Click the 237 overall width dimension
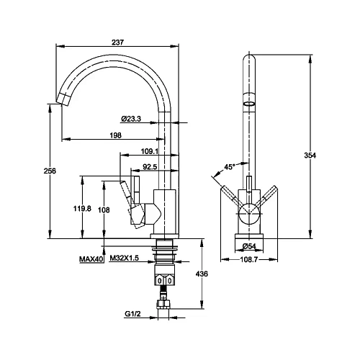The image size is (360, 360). click(x=117, y=42)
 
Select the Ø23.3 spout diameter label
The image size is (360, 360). click(x=131, y=119)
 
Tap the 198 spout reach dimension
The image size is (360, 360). click(x=116, y=135)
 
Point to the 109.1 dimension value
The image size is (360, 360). click(x=149, y=151)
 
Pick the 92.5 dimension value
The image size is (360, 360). click(x=150, y=166)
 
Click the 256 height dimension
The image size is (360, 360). click(x=50, y=171)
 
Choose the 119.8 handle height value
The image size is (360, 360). click(x=82, y=209)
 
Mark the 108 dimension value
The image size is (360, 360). click(x=104, y=210)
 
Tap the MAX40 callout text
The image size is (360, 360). click(x=91, y=259)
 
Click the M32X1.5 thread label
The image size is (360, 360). click(x=125, y=258)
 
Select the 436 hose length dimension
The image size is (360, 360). click(x=202, y=274)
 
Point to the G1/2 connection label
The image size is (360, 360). click(x=132, y=314)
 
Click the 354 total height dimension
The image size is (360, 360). click(x=310, y=156)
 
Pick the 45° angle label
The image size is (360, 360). click(x=230, y=167)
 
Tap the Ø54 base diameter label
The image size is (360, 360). click(x=249, y=246)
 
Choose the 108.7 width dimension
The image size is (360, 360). click(x=249, y=259)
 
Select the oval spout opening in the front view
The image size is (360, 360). click(x=249, y=104)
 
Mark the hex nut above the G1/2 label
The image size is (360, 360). click(x=163, y=304)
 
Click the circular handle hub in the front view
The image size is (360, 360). click(x=249, y=213)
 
